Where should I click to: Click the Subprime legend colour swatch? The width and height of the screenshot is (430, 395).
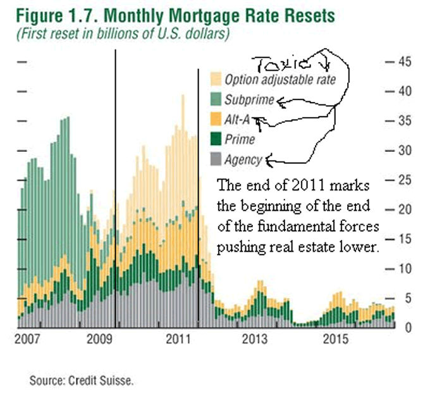click(216, 99)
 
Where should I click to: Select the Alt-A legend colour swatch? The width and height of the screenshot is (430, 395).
click(216, 119)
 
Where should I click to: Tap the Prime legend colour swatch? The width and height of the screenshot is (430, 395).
click(216, 139)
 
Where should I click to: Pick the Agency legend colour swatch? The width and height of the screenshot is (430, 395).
click(216, 160)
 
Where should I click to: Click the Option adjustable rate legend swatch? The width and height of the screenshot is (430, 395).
click(216, 78)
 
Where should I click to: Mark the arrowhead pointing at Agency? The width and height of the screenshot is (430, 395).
click(270, 161)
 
